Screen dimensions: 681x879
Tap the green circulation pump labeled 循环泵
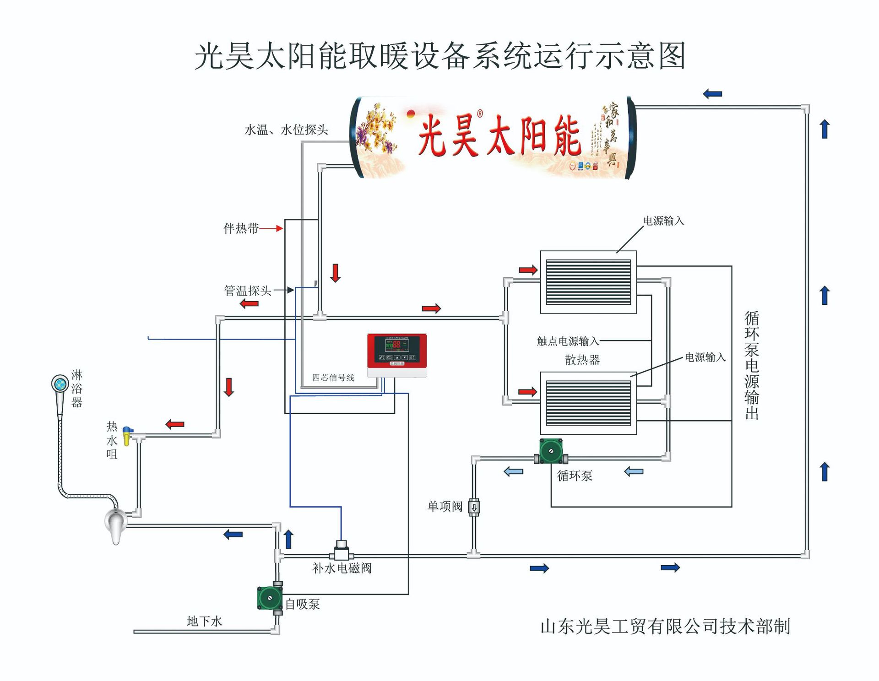coord(551,451)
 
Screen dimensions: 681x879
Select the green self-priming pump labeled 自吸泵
coord(270,598)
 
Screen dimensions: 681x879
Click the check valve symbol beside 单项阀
coord(474,507)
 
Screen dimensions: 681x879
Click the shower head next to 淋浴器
coord(60,384)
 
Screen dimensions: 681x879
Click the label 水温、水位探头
coord(286,130)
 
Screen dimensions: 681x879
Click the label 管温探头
coord(247,291)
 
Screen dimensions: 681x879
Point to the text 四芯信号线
coord(333,378)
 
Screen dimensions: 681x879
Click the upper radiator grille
coord(588,282)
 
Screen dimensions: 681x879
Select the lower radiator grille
coord(588,403)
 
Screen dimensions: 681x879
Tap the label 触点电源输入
coord(568,341)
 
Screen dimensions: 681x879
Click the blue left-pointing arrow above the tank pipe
coord(712,94)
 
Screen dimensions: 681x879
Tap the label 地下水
coord(204,621)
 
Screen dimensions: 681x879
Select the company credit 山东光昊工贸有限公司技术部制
coord(665,627)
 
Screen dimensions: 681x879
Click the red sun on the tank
coord(411,113)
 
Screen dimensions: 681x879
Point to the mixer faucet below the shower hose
coord(115,524)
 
